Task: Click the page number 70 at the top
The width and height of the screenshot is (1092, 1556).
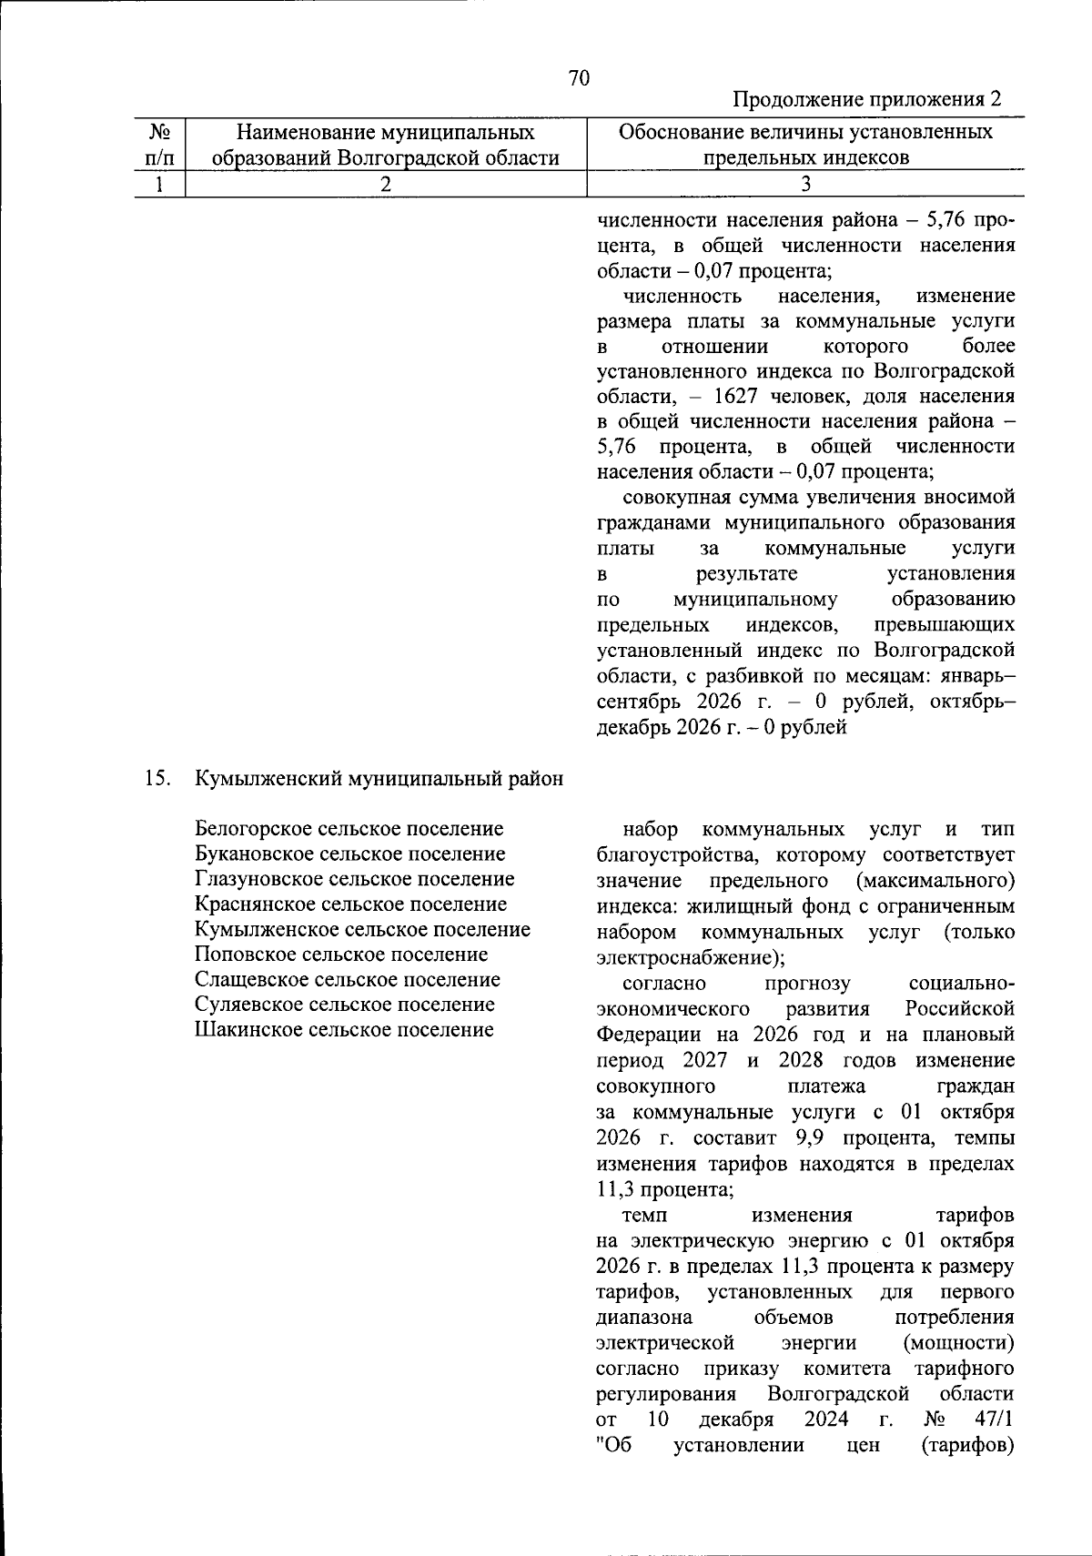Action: pyautogui.click(x=579, y=78)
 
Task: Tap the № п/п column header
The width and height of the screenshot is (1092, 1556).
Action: pyautogui.click(x=159, y=146)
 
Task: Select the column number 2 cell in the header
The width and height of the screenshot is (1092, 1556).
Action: pyautogui.click(x=386, y=183)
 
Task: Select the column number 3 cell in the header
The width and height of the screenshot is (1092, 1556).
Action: pyautogui.click(x=805, y=183)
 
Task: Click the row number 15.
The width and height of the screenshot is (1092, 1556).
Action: pyautogui.click(x=157, y=779)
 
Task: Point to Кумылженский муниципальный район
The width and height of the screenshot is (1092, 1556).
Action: pyautogui.click(x=379, y=779)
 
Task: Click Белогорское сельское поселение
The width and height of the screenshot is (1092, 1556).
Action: pyautogui.click(x=349, y=829)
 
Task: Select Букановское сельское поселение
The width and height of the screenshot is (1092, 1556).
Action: pyautogui.click(x=350, y=854)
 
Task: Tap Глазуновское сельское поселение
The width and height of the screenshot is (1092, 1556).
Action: pyautogui.click(x=355, y=879)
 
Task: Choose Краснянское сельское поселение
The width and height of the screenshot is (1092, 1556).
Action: pyautogui.click(x=351, y=904)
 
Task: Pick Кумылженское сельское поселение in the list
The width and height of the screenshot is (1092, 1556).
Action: pyautogui.click(x=363, y=930)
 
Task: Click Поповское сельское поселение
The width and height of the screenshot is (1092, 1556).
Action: pyautogui.click(x=341, y=955)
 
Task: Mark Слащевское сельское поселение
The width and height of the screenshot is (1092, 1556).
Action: pyautogui.click(x=348, y=980)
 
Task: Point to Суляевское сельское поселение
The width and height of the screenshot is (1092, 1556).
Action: pyautogui.click(x=345, y=1005)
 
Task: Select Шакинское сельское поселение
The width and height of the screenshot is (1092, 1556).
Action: pyautogui.click(x=344, y=1030)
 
